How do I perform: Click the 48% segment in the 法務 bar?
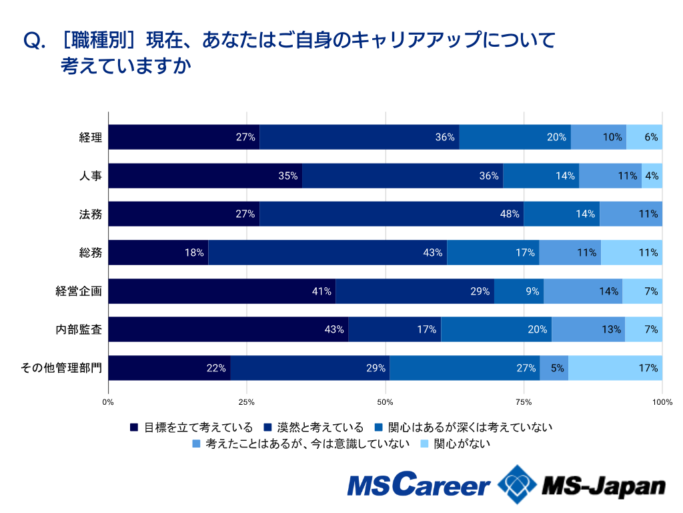(392, 214)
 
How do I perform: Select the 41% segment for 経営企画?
(222, 291)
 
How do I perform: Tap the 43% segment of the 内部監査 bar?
(229, 329)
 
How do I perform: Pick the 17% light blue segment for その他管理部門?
(615, 368)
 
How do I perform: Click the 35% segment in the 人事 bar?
(205, 176)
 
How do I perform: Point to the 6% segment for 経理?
(644, 137)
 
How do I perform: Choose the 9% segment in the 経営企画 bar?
(519, 291)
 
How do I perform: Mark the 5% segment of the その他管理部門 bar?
(554, 368)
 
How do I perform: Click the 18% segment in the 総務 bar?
(159, 252)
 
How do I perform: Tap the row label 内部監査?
(79, 329)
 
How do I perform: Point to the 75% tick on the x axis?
(524, 402)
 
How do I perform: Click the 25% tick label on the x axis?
(247, 402)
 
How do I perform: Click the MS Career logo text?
(419, 486)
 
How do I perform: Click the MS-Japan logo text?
(604, 486)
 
